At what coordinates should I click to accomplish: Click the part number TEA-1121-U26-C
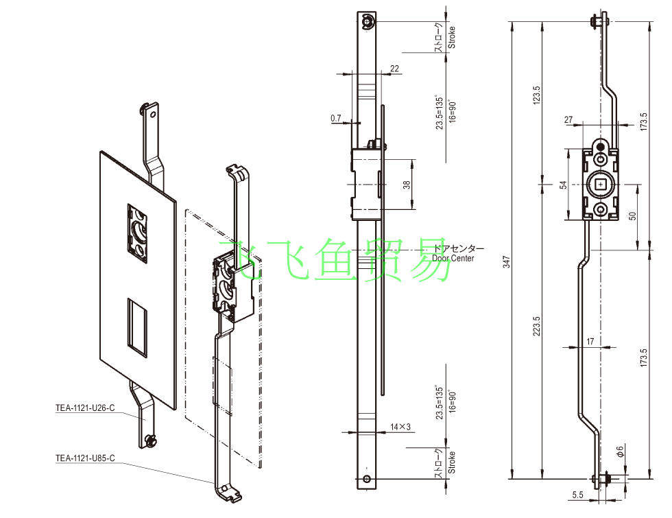click(x=85, y=408)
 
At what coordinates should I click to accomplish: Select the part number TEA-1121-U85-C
click(x=85, y=458)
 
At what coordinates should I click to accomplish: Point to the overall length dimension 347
click(x=505, y=261)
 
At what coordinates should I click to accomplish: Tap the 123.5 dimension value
click(x=537, y=95)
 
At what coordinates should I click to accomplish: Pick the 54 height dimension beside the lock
click(x=562, y=185)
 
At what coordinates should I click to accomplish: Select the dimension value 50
click(x=633, y=216)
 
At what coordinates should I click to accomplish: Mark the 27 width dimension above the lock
click(x=568, y=120)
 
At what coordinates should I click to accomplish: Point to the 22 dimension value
click(x=395, y=68)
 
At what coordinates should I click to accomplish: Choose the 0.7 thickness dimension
click(x=335, y=119)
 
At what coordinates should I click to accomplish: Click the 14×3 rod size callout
click(x=400, y=427)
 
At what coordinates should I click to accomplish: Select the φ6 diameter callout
click(x=619, y=451)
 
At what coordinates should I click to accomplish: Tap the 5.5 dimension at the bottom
click(x=577, y=494)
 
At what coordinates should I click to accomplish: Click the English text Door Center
click(x=453, y=259)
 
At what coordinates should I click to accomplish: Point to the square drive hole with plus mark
click(x=601, y=185)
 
